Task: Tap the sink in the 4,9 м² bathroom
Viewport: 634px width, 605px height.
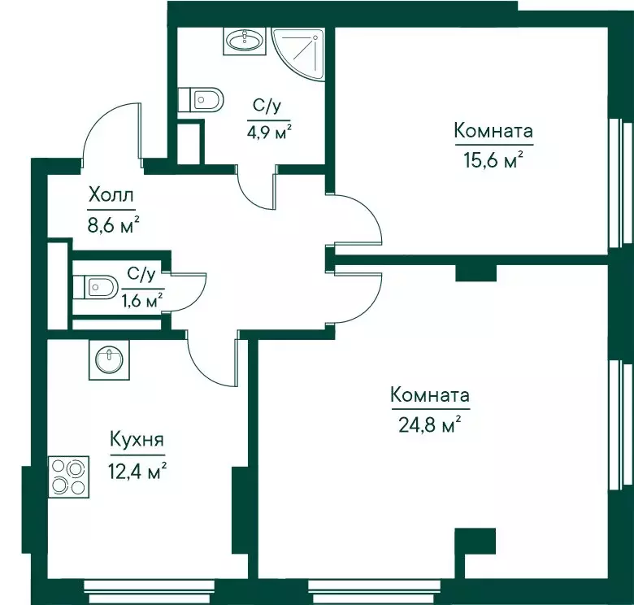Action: point(244,41)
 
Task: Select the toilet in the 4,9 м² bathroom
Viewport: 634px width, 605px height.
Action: point(201,99)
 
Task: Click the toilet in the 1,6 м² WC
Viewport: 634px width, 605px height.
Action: point(95,287)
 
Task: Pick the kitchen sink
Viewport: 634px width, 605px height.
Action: point(109,359)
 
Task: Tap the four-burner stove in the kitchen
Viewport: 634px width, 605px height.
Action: point(68,477)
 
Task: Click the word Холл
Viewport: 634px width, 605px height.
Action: point(111,196)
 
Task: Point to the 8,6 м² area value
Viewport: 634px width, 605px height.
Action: point(114,225)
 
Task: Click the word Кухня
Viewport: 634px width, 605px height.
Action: point(137,440)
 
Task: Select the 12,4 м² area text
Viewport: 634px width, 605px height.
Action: point(137,471)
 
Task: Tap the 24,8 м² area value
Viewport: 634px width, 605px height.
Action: point(430,424)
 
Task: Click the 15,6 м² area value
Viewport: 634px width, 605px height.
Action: point(493,160)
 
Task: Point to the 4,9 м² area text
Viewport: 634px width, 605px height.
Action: point(269,132)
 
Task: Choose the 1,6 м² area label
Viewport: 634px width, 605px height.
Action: point(142,300)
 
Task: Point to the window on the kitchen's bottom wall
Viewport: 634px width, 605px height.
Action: point(150,592)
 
